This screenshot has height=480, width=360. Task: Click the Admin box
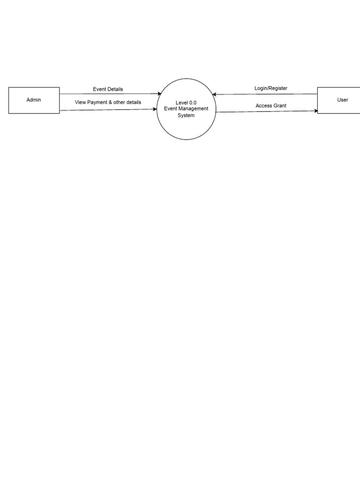click(34, 100)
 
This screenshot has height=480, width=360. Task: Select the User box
click(339, 100)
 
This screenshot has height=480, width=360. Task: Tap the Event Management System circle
click(186, 109)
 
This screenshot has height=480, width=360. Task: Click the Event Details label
click(108, 89)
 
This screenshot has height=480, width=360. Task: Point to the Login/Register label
click(271, 88)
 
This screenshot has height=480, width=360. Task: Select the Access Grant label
click(271, 105)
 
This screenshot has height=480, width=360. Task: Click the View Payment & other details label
click(108, 102)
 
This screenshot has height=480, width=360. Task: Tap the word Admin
click(34, 100)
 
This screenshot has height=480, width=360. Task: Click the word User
click(343, 100)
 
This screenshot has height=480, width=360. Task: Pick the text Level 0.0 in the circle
click(186, 103)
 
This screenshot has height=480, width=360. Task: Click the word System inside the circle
click(186, 115)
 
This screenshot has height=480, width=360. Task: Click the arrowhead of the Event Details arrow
click(159, 94)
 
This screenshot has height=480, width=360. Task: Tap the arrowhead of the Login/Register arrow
click(215, 94)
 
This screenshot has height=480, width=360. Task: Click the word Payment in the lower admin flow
click(97, 102)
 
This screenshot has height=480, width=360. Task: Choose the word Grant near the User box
click(280, 105)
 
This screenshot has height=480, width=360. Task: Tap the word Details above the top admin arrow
click(115, 89)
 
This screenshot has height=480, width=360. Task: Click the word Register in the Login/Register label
click(277, 88)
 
